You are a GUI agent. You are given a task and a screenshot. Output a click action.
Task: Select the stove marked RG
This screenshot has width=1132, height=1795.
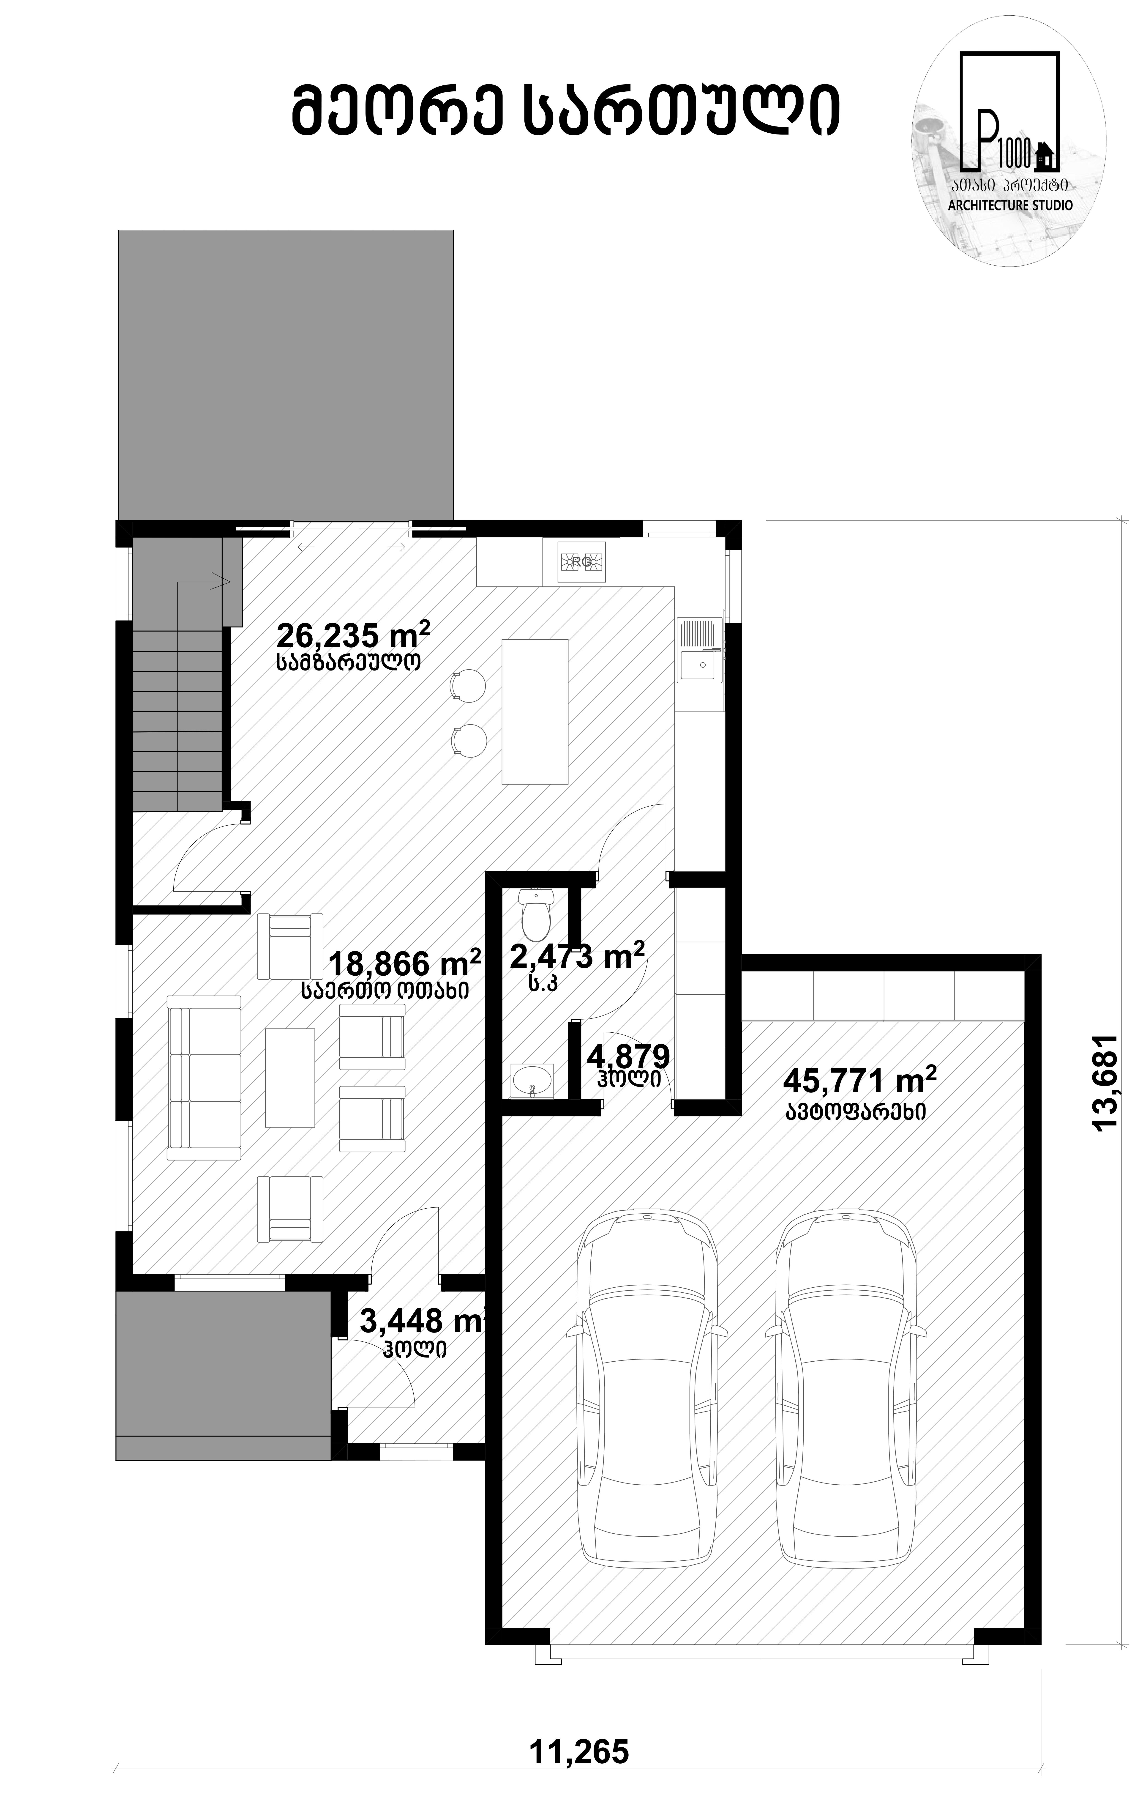click(581, 561)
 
